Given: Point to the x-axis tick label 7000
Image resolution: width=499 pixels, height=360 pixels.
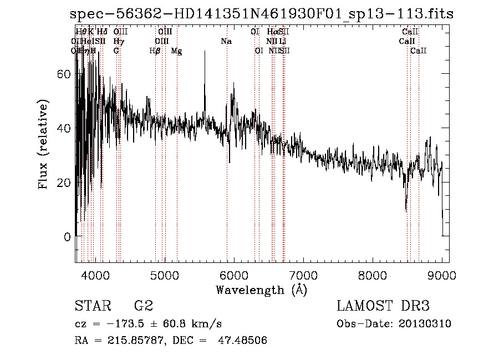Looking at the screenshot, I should pos(303,275).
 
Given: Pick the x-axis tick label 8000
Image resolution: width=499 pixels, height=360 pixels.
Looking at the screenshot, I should pos(373,275).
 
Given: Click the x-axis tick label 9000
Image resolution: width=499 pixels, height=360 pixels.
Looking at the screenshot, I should pos(442,275).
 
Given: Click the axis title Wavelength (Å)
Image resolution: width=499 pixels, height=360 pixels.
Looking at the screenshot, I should pos(261,289).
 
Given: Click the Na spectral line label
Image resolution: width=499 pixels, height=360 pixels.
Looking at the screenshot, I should pos(226,42).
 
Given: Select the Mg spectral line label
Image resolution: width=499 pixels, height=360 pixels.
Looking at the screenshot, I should pos(176,51).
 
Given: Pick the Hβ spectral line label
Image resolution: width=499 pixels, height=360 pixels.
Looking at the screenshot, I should pos(155,51).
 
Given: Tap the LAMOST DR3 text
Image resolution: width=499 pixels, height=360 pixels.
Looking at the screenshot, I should pos(383,306).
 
